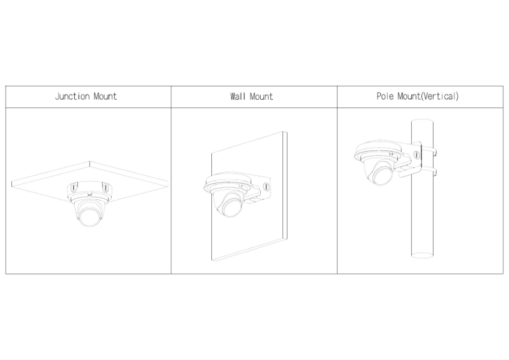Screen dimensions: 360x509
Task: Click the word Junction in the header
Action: (x=71, y=97)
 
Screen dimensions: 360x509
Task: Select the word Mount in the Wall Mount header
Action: (x=261, y=97)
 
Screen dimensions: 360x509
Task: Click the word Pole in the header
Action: (x=385, y=97)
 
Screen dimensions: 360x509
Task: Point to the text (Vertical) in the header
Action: (x=439, y=97)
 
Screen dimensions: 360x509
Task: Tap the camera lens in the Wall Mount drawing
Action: (x=229, y=207)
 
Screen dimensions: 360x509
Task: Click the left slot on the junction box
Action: (x=72, y=188)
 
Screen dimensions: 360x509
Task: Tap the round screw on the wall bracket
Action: (x=265, y=187)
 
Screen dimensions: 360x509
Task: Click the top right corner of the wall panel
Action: (x=286, y=133)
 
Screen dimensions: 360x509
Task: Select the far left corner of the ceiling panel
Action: (x=12, y=183)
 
